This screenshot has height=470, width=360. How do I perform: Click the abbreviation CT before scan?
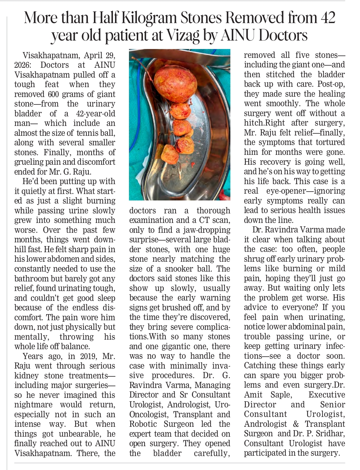pos(203,220)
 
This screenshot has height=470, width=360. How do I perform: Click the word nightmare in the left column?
pos(33,405)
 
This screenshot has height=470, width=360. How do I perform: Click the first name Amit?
pos(253,395)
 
